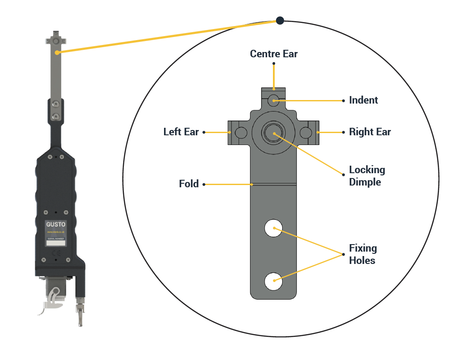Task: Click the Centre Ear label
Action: pyautogui.click(x=273, y=54)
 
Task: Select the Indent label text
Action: pyautogui.click(x=363, y=100)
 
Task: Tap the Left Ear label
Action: pyautogui.click(x=181, y=132)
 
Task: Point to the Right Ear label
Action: pyautogui.click(x=369, y=132)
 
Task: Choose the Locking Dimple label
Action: pyautogui.click(x=367, y=176)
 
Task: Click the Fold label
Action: pyautogui.click(x=189, y=184)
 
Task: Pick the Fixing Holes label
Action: pyautogui.click(x=362, y=254)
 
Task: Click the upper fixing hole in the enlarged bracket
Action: pyautogui.click(x=273, y=228)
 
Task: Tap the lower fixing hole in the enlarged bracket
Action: pyautogui.click(x=273, y=281)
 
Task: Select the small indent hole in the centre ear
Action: pyautogui.click(x=273, y=100)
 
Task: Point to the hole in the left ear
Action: pyautogui.click(x=241, y=132)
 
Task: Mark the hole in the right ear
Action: pyautogui.click(x=306, y=132)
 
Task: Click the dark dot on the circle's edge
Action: pyautogui.click(x=280, y=20)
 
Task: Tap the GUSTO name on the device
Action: pyautogui.click(x=56, y=224)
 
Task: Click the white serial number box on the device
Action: pyautogui.click(x=56, y=242)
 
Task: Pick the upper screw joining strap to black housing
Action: pyautogui.click(x=56, y=104)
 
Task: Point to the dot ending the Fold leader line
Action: pyautogui.click(x=204, y=184)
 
